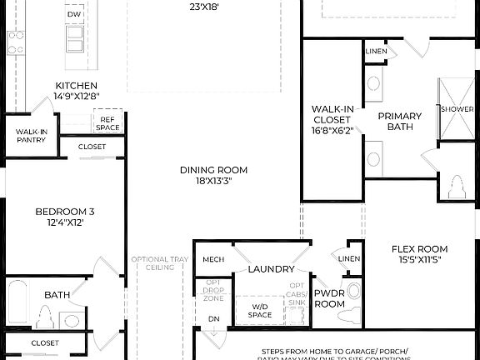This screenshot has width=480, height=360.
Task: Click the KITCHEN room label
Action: click(x=76, y=86)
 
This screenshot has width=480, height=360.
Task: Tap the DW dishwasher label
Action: click(x=74, y=14)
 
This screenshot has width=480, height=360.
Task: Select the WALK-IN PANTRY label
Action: click(x=31, y=136)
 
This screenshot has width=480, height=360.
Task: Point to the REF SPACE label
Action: click(x=107, y=123)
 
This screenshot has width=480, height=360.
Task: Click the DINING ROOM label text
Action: click(x=213, y=170)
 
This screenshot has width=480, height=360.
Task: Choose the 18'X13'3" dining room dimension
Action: click(x=213, y=182)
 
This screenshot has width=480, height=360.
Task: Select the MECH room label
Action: click(x=212, y=259)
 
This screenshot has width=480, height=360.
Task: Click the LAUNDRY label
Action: click(x=271, y=269)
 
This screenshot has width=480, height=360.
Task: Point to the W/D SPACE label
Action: click(x=260, y=311)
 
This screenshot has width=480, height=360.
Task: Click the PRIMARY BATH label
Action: click(x=400, y=122)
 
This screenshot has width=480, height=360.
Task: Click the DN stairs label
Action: click(x=213, y=318)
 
